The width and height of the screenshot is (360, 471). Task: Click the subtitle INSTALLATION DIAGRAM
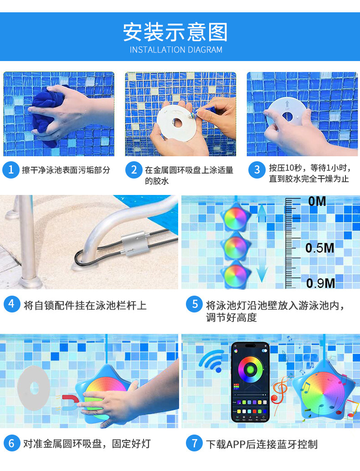click(176, 50)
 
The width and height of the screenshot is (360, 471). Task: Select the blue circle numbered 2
click(134, 170)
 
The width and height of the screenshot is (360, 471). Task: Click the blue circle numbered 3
click(257, 170)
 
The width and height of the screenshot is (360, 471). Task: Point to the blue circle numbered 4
click(12, 304)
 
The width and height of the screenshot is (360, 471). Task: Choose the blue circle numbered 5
click(195, 304)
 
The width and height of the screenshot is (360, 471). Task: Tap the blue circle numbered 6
click(12, 443)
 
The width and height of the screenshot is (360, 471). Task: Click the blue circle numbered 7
click(195, 443)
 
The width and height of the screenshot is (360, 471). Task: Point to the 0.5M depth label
click(319, 248)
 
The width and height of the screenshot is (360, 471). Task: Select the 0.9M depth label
click(320, 283)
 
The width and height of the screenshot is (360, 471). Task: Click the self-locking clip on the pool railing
click(134, 244)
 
